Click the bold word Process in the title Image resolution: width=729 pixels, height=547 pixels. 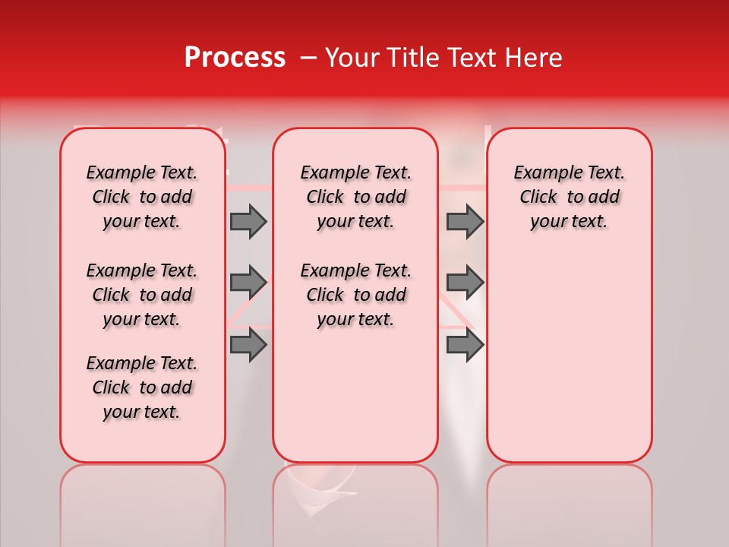235,58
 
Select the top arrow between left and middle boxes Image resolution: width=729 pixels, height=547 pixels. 248,221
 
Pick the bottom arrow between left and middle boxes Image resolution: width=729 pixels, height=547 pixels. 248,345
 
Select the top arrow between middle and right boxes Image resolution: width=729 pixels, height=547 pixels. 465,221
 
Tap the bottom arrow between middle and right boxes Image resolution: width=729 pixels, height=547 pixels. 465,345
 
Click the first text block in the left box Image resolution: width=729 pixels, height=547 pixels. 142,198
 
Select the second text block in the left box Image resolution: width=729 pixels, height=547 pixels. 142,295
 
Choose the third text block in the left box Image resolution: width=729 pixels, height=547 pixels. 142,387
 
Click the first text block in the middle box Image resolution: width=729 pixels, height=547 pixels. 355,198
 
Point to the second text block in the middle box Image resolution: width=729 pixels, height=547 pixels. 355,295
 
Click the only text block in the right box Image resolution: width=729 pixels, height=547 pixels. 569,198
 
